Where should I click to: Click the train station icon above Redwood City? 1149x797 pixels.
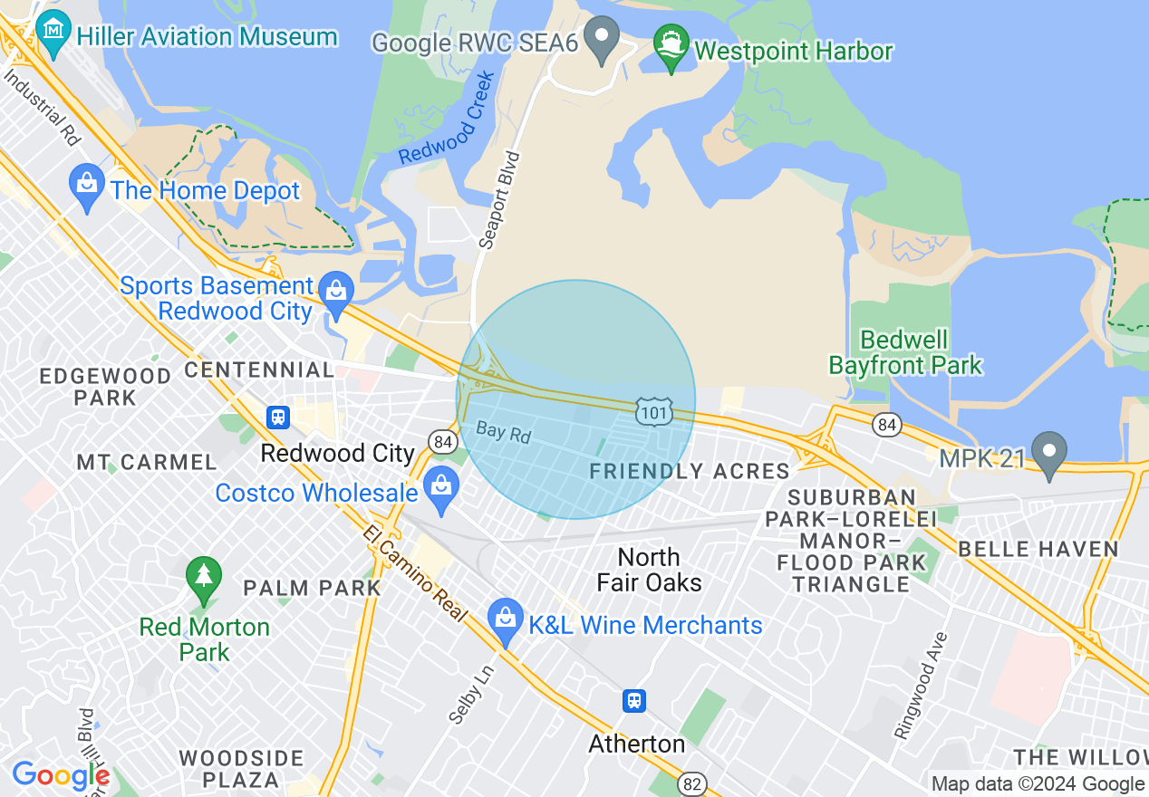click(278, 417)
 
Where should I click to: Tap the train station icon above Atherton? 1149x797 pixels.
click(634, 700)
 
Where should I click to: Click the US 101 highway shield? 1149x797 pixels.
click(652, 410)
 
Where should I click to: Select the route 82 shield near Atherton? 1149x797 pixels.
click(692, 783)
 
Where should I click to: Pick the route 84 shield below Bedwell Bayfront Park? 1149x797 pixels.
click(886, 423)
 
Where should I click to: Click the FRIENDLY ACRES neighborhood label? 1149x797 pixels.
click(690, 471)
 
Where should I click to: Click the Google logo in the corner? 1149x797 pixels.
click(61, 776)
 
